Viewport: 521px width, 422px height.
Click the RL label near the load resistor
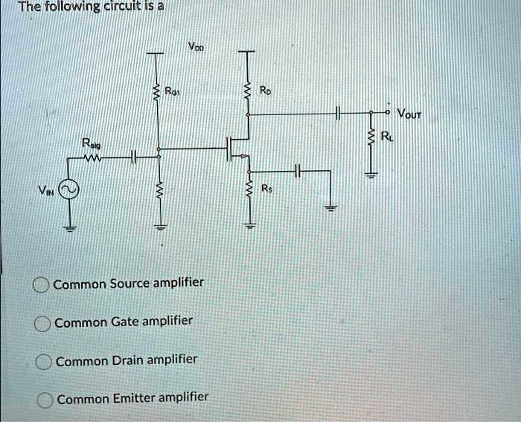click(384, 135)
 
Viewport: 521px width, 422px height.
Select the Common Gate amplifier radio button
click(42, 322)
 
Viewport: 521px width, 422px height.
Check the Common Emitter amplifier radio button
click(45, 399)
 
